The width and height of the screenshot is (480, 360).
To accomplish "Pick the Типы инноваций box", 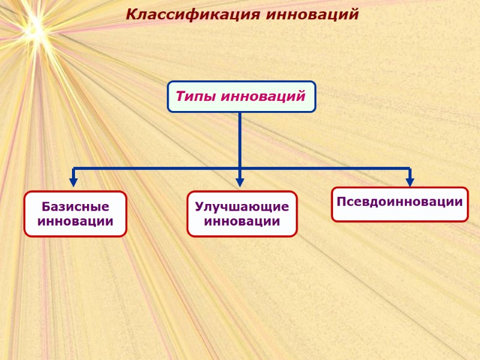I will point(241,97).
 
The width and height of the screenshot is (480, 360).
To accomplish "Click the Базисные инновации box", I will point(76,214).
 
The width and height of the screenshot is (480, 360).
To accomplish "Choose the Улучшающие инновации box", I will point(242,214).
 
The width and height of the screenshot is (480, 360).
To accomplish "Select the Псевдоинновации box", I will point(400,204).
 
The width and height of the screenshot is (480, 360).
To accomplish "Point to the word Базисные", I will point(76,207).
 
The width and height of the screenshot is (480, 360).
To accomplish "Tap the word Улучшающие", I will point(242,207).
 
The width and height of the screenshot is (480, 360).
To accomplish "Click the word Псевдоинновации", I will point(400,202).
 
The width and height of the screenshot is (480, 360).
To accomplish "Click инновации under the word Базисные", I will point(76,221).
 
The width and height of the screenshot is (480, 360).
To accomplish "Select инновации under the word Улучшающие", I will point(242,221).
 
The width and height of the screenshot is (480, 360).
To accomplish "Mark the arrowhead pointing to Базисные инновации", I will point(74,182).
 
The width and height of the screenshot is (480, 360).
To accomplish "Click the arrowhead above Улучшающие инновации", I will point(240,182).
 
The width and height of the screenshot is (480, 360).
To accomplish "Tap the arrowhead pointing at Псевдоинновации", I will point(410,182).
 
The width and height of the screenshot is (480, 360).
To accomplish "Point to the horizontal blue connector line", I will point(156,169).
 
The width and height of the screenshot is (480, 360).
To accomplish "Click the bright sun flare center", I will point(34,25).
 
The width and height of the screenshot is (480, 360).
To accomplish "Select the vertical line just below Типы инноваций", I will point(240,138).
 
